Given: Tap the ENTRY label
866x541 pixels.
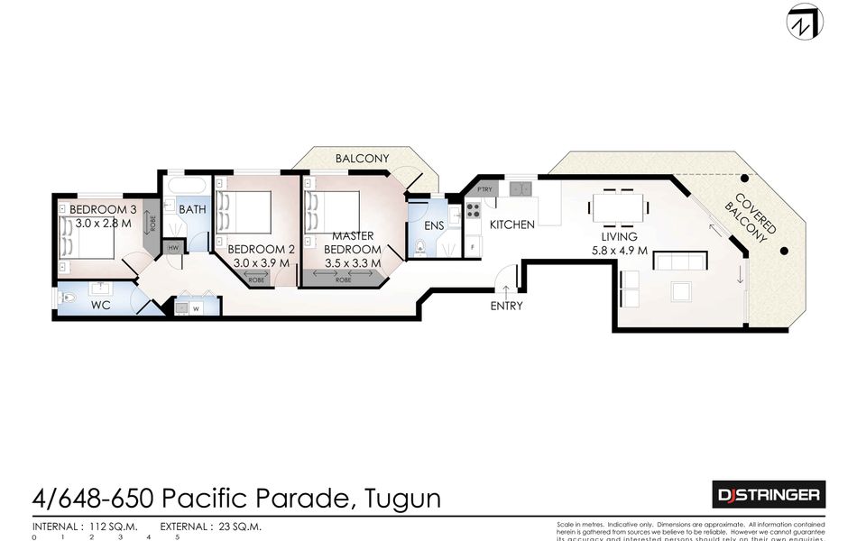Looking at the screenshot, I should pos(506,306).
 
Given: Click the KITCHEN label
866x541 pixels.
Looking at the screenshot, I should pos(512,225).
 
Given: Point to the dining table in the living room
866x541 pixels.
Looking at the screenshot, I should pos(620,207).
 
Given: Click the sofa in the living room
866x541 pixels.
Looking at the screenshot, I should pos(680,261).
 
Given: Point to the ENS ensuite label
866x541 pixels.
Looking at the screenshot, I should pos(434,225).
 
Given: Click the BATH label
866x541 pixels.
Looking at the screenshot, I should pos(192,209).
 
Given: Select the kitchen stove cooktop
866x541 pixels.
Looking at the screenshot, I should pos(472,213).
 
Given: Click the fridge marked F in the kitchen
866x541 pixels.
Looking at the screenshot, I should pos(472,246).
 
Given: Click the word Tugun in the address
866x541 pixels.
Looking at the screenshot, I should pos(406,497).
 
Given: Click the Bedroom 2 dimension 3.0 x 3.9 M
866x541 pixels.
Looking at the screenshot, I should pos(260,263).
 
